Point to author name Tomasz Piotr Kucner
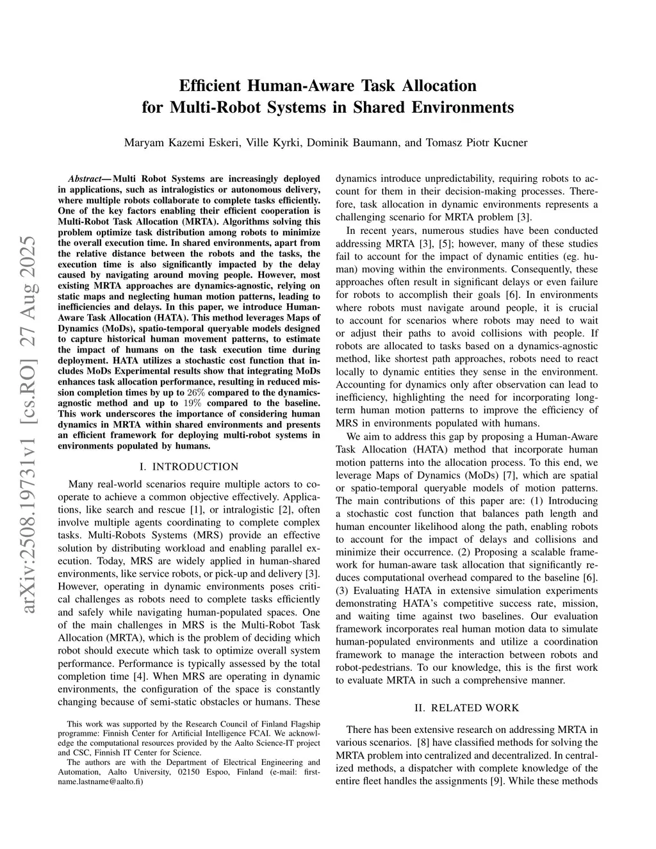point(473,142)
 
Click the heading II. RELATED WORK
point(466,707)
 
